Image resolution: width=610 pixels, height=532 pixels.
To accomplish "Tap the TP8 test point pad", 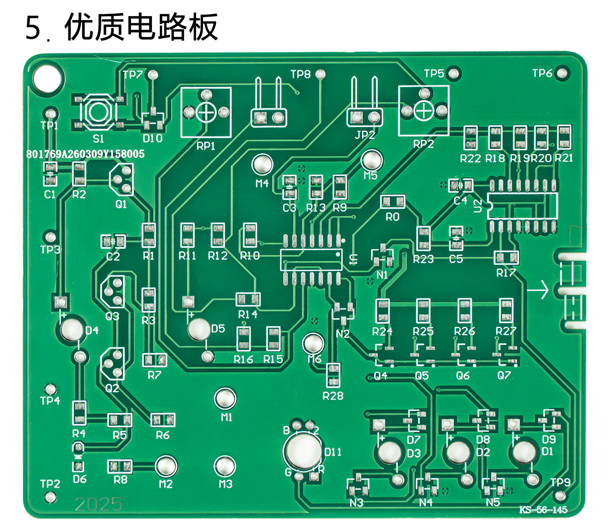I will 321,74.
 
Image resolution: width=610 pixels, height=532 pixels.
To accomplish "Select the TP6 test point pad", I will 562,74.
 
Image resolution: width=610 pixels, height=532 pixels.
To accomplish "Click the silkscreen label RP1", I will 206,146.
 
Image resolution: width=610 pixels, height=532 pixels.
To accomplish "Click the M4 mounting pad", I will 262,164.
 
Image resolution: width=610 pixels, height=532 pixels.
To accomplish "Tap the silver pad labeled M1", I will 225,399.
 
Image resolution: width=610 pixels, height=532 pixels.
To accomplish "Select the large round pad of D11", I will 303,451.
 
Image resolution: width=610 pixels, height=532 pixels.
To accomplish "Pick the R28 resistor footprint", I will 333,375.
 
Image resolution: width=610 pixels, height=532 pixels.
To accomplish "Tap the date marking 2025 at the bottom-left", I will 98,504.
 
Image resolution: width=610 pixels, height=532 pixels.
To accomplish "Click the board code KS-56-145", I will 543,510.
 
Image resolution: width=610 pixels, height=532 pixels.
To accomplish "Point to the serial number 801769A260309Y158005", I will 85,154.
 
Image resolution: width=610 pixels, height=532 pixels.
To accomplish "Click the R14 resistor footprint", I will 248,300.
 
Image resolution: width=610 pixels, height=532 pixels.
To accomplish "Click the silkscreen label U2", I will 478,205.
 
